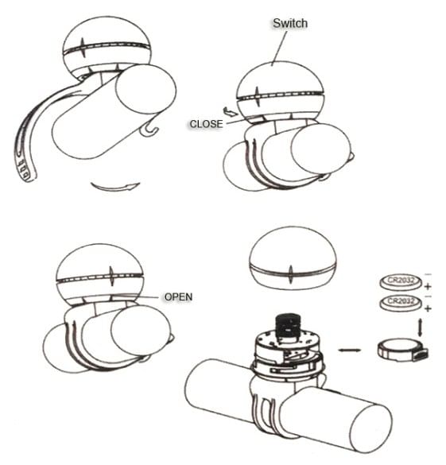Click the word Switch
pyautogui.click(x=290, y=23)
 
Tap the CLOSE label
pyautogui.click(x=206, y=124)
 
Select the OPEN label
pyautogui.click(x=178, y=296)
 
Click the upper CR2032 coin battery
pyautogui.click(x=401, y=282)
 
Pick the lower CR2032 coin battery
pyautogui.click(x=401, y=303)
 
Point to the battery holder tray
pyautogui.click(x=403, y=351)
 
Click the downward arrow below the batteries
pyautogui.click(x=420, y=327)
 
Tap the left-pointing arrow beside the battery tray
pyautogui.click(x=350, y=351)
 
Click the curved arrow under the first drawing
pyautogui.click(x=115, y=188)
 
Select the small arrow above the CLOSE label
pyautogui.click(x=231, y=112)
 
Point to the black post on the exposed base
pyautogui.click(x=287, y=327)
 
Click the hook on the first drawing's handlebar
pyautogui.click(x=149, y=130)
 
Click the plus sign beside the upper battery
pyautogui.click(x=428, y=287)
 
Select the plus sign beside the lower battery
pyautogui.click(x=428, y=308)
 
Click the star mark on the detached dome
pyautogui.click(x=291, y=274)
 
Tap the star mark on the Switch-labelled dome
pyautogui.click(x=258, y=96)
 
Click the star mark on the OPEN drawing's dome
pyautogui.click(x=111, y=276)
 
